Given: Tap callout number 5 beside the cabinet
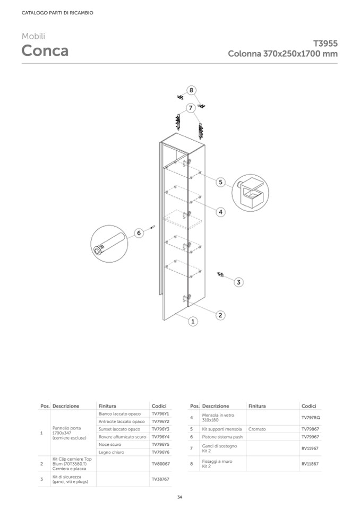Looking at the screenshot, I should (x=221, y=182).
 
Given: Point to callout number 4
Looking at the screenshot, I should (x=220, y=212).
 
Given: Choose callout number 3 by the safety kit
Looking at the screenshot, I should (x=238, y=282).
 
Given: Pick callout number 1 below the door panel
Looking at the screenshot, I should (x=193, y=321).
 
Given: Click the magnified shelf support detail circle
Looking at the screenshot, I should (x=251, y=193).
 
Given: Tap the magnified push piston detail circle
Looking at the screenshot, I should (x=108, y=244).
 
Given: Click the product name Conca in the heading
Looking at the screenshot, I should (x=45, y=51).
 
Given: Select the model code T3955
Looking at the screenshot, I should (x=325, y=44).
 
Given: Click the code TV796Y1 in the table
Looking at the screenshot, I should (x=160, y=413).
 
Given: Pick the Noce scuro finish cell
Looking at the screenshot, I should (x=110, y=444).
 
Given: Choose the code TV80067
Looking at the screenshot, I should (x=160, y=464).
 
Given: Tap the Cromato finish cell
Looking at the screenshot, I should (x=257, y=429).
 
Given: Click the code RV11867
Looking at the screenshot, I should (x=310, y=464).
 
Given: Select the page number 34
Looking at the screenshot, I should (x=179, y=497).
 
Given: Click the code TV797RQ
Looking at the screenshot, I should (x=311, y=418).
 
